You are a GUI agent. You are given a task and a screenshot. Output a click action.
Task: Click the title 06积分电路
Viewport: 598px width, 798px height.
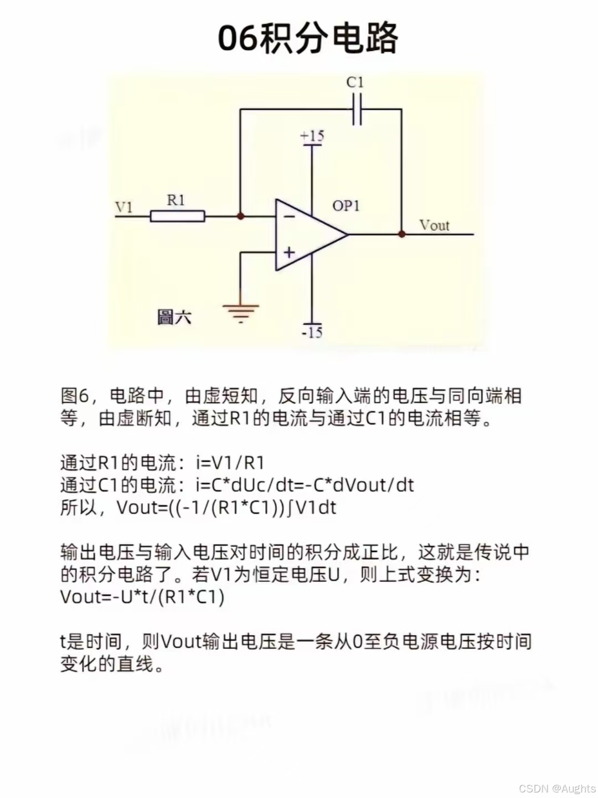click(x=308, y=39)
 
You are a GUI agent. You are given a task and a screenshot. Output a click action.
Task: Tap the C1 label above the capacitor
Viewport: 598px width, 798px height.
click(x=355, y=83)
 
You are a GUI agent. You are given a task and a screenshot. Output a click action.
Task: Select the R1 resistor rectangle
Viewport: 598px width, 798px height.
click(x=178, y=216)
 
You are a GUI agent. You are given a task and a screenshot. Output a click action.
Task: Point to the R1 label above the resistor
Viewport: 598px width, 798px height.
click(x=176, y=200)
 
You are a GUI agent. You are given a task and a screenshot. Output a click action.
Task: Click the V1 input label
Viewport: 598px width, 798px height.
click(x=124, y=207)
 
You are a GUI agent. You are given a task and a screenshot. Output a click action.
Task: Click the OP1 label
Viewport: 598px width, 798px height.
click(x=346, y=206)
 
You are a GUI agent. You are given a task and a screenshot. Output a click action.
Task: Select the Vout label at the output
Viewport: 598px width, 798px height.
click(x=434, y=225)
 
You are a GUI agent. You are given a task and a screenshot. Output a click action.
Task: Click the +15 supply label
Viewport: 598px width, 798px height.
click(x=312, y=136)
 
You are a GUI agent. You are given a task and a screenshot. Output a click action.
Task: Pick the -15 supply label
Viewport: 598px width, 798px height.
click(x=312, y=332)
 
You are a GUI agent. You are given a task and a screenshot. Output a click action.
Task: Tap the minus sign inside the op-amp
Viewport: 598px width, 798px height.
click(x=289, y=216)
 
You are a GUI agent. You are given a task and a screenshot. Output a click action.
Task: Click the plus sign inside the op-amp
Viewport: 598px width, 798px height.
click(x=289, y=253)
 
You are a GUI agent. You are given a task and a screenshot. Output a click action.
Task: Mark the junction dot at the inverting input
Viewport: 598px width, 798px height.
click(x=240, y=216)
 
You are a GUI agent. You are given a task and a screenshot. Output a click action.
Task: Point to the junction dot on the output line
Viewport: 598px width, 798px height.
click(x=402, y=234)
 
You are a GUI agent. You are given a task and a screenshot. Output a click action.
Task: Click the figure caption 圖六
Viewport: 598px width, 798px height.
click(x=174, y=318)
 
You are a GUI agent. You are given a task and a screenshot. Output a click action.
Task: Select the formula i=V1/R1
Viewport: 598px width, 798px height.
click(x=230, y=463)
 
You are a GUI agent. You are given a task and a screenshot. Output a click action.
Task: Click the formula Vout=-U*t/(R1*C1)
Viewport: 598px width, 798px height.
click(x=142, y=597)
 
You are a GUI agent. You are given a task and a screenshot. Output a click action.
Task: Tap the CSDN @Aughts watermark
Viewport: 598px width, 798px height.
click(x=556, y=788)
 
